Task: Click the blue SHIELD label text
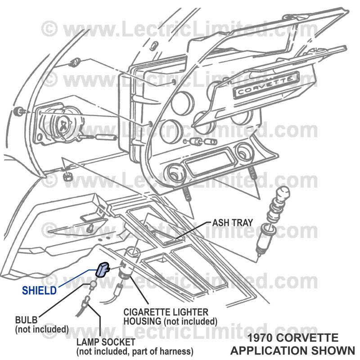tap(40, 290)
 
